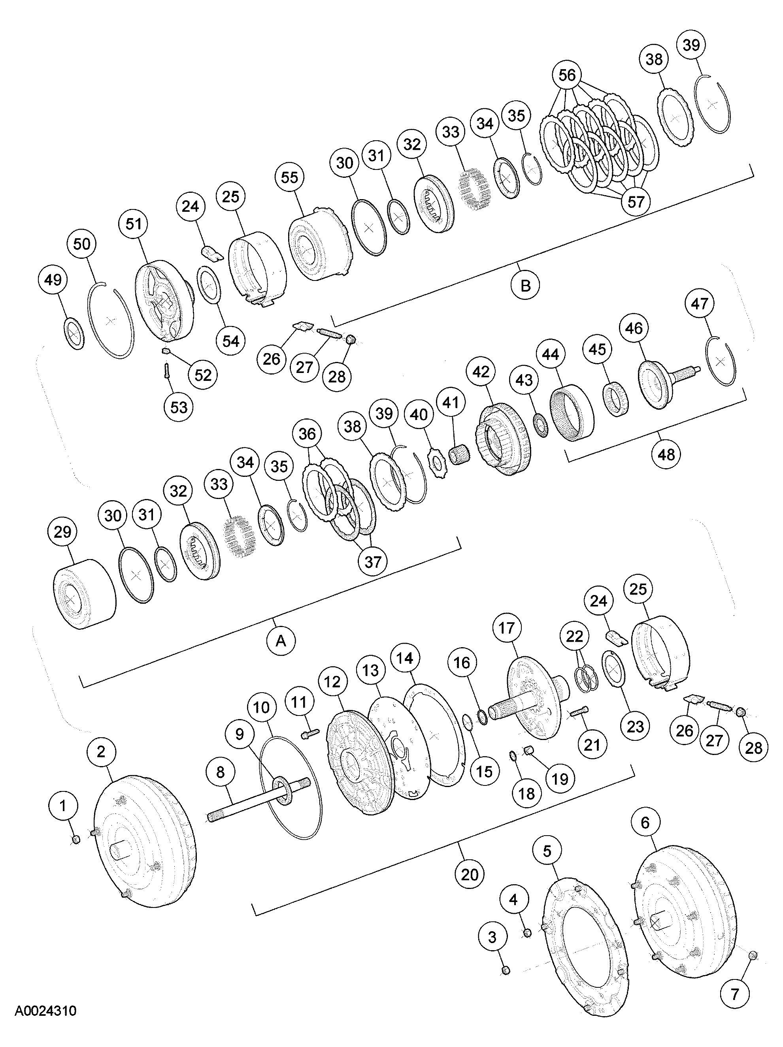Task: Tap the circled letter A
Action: click(x=281, y=640)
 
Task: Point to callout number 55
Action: click(x=289, y=177)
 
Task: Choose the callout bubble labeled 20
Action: click(x=469, y=874)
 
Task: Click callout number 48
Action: click(x=666, y=454)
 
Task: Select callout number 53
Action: click(x=179, y=407)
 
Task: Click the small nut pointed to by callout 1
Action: click(x=76, y=840)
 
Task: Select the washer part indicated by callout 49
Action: click(x=74, y=334)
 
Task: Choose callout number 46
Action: click(x=634, y=328)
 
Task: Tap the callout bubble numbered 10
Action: click(x=261, y=707)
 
